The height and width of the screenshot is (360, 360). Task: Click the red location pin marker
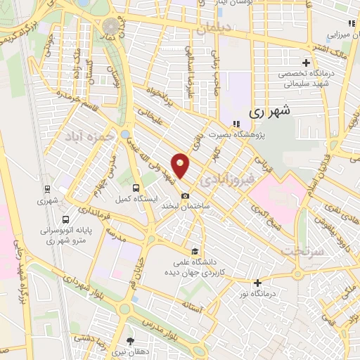(181, 165)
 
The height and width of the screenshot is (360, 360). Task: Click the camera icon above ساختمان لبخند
(185, 195)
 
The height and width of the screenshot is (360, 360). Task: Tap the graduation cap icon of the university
(195, 251)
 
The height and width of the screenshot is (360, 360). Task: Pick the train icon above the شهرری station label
(48, 189)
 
